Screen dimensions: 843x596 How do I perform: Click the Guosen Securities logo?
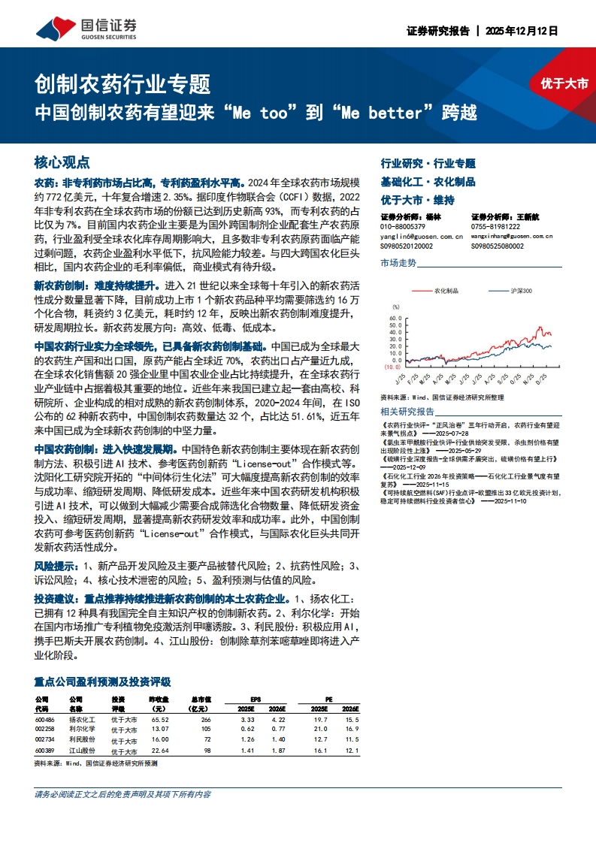[87, 29]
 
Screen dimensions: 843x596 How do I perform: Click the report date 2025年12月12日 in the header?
[522, 32]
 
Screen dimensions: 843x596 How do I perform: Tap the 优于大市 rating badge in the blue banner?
[564, 83]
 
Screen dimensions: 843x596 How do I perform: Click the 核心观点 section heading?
[62, 162]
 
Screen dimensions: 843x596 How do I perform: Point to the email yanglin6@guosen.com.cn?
[416, 236]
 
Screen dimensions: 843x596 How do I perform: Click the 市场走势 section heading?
[398, 262]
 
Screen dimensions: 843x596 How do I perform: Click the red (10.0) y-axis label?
[392, 367]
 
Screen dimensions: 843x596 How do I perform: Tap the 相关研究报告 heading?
[407, 411]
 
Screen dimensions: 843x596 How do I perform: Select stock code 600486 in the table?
[45, 719]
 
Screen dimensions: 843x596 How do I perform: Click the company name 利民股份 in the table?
[82, 740]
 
